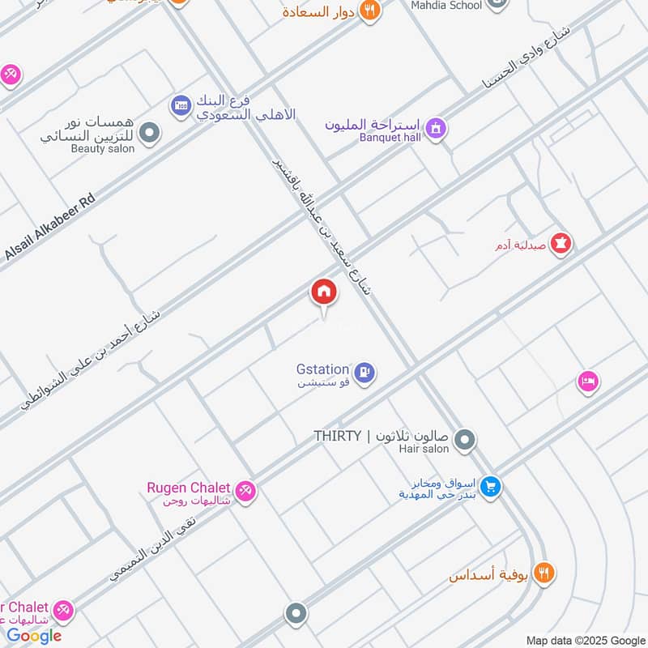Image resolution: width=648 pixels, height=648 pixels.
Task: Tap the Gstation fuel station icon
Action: [x=364, y=373]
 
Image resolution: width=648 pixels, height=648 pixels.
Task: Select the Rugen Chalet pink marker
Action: [x=246, y=490]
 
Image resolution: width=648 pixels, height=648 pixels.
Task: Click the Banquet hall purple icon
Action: [x=436, y=129]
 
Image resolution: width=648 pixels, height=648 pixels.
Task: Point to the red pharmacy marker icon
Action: [x=561, y=242]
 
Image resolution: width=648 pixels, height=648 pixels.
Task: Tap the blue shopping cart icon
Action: [x=489, y=487]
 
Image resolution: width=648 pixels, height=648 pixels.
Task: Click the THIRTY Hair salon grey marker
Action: [x=464, y=441]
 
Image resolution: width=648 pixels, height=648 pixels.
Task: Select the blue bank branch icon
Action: [x=180, y=104]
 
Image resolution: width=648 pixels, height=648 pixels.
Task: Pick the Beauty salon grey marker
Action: [x=149, y=133]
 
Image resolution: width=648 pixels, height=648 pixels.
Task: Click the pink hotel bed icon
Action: [x=587, y=380]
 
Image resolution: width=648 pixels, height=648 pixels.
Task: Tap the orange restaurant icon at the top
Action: [x=370, y=11]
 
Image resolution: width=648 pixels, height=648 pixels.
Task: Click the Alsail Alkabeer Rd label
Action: [x=50, y=228]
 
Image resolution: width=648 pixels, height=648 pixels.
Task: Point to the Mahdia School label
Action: [x=447, y=6]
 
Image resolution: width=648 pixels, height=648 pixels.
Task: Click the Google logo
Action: [x=34, y=636]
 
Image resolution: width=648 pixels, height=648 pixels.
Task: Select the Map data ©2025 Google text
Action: [x=585, y=640]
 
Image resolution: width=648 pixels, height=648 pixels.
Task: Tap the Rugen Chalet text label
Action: [x=188, y=488]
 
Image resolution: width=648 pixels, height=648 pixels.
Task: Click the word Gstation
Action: [x=322, y=369]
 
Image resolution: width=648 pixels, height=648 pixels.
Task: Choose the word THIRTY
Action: [x=337, y=436]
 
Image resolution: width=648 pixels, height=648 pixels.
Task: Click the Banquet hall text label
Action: [x=390, y=137]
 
